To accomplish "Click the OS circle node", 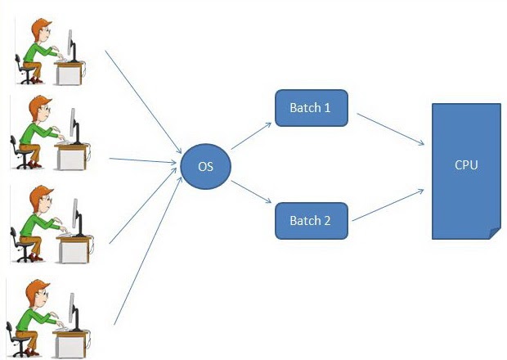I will click(205, 167).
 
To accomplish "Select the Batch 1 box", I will click(312, 108).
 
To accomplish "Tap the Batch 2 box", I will click(312, 220).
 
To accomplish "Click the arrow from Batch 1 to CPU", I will click(389, 128).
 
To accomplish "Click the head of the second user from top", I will click(40, 110).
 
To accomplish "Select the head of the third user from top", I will click(40, 200).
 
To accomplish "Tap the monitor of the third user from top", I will click(74, 217).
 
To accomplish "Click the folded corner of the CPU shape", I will click(493, 232).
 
